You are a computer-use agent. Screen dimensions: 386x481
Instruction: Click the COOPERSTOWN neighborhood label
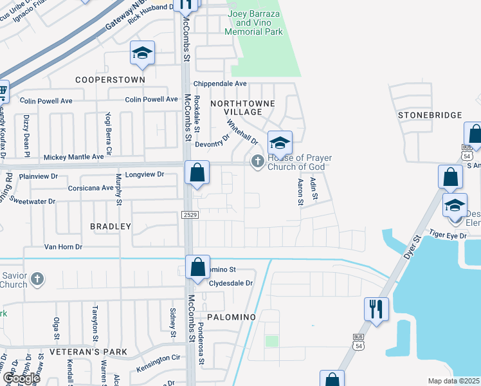pos(110,80)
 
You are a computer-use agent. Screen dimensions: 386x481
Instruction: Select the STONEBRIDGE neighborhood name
pos(430,115)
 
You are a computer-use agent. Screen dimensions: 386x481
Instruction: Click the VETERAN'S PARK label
pos(90,352)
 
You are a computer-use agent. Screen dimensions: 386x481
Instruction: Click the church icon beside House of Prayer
pos(258,161)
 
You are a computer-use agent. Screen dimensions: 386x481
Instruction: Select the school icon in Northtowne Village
pos(280,142)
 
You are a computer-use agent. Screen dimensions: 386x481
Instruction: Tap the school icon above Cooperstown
pos(142,53)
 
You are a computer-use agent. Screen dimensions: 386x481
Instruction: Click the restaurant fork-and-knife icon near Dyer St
pos(374,309)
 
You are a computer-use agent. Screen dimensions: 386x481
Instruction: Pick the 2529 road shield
pos(188,214)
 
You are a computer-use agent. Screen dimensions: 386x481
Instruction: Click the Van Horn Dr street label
pos(63,246)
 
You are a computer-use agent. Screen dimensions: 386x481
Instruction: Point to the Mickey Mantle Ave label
pos(73,156)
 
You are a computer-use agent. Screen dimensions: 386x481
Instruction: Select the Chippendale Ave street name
pos(220,84)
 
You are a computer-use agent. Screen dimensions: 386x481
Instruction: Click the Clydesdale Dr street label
pos(231,282)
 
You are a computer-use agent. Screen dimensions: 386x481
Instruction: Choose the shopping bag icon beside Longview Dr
pos(197,173)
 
